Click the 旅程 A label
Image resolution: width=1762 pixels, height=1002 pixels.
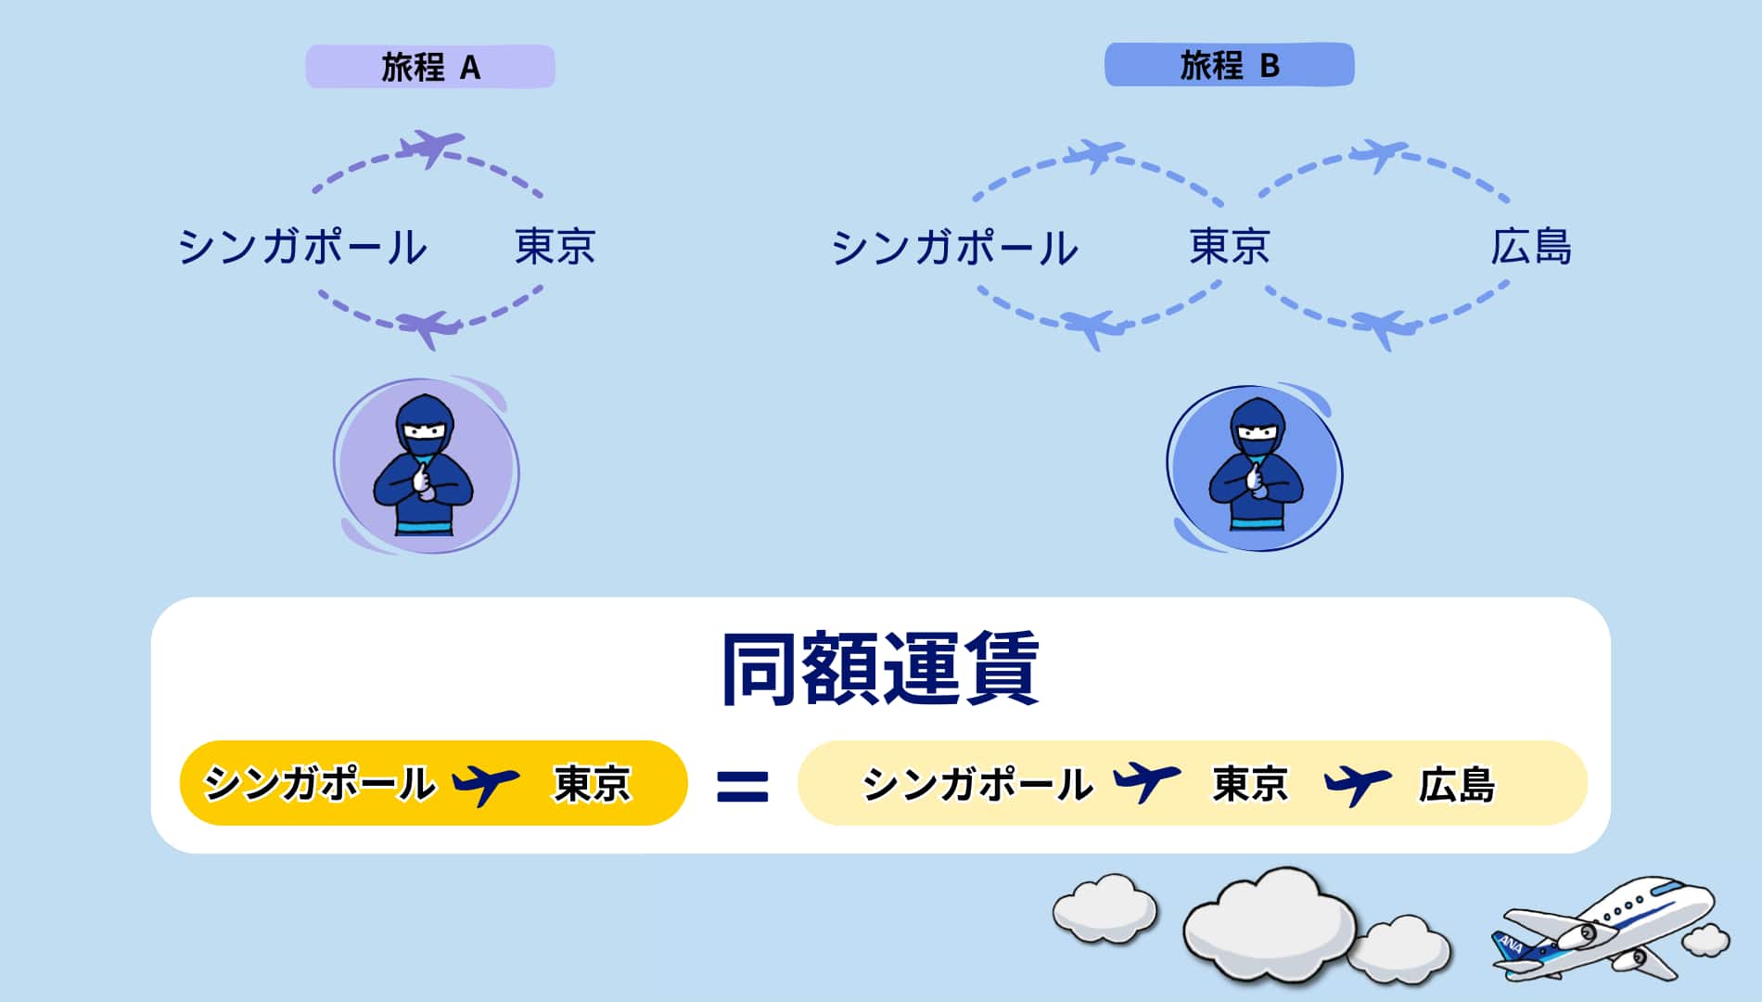tap(430, 67)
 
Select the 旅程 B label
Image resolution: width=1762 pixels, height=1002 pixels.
tap(1229, 65)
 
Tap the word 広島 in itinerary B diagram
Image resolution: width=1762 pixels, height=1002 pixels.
tap(1531, 247)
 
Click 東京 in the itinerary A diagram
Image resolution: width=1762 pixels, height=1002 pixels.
tap(555, 247)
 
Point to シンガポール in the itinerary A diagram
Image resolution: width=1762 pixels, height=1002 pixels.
tap(302, 247)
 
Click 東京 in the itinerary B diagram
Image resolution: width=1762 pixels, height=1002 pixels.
tap(1230, 247)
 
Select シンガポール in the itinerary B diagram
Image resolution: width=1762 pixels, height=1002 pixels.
tap(955, 248)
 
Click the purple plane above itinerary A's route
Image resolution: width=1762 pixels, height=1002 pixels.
tap(429, 148)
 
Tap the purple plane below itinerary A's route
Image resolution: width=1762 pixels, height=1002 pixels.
tap(428, 328)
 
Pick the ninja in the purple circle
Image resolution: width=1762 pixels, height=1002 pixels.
tap(424, 466)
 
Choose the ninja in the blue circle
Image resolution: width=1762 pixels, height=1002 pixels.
tap(1257, 466)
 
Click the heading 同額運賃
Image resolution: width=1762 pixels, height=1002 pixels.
tap(880, 669)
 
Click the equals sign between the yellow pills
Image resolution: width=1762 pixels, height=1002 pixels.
tap(743, 786)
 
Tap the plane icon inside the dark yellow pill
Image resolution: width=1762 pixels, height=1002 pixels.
tap(485, 784)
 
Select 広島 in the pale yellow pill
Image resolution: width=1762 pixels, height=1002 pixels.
tap(1457, 785)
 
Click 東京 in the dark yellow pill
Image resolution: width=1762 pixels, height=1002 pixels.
tap(593, 783)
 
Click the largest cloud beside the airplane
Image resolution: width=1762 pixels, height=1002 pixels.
tap(1268, 923)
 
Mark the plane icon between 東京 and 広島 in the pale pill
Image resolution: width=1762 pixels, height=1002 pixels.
tap(1358, 785)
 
